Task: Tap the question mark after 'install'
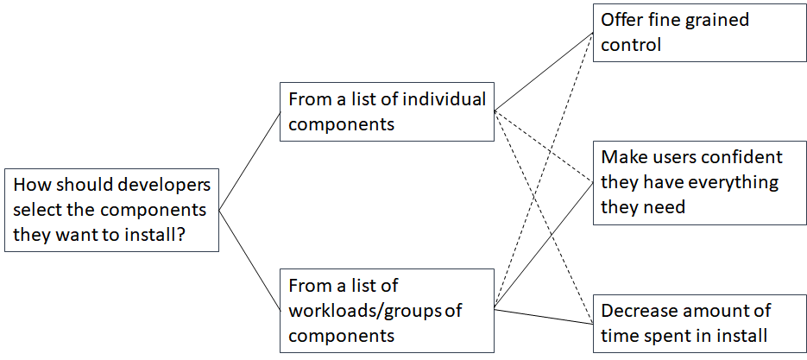point(182,235)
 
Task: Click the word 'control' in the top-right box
point(631,45)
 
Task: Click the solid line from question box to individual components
point(250,161)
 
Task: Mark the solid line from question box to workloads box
point(250,261)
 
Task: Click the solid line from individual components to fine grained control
point(544,72)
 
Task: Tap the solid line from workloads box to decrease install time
point(544,317)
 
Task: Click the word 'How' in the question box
point(29,185)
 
